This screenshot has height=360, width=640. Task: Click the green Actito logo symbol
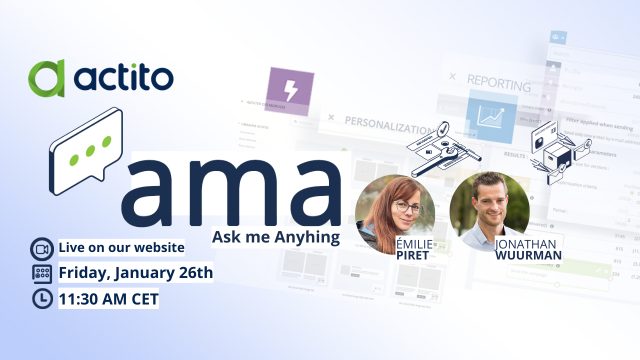[x=46, y=78]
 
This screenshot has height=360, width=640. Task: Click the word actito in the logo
[x=123, y=78]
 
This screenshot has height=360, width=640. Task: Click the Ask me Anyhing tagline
[x=275, y=236]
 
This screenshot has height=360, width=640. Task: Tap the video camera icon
[x=42, y=249]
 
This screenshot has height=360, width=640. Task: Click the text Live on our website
[x=121, y=247]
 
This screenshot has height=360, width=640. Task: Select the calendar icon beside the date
[x=42, y=273]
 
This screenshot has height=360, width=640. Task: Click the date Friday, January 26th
[x=136, y=273]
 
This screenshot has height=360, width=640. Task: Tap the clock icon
[x=42, y=299]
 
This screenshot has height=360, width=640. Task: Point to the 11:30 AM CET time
[x=108, y=299]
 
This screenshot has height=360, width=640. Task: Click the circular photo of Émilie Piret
[x=394, y=214]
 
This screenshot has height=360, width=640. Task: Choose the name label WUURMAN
[x=528, y=255]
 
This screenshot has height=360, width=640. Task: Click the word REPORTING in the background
[x=498, y=82]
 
